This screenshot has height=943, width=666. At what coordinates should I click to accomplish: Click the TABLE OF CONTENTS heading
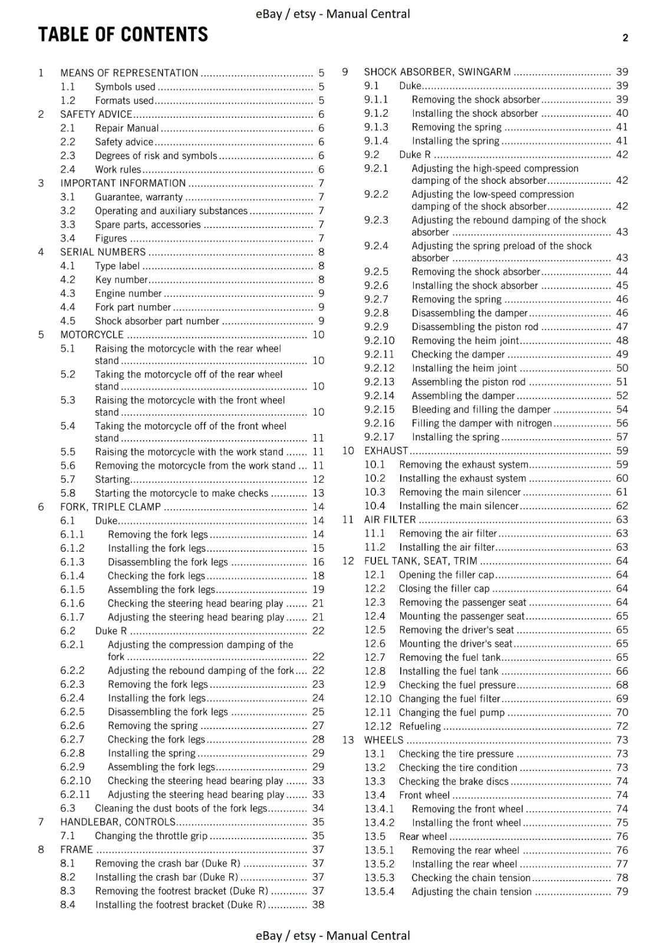click(123, 35)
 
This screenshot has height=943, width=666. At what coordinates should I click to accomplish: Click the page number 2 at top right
click(625, 38)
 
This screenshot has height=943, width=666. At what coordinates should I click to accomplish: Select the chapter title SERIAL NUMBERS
click(103, 252)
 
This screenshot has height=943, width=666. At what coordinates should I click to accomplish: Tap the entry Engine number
click(128, 294)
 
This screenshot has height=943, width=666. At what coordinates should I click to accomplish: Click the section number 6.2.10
click(75, 781)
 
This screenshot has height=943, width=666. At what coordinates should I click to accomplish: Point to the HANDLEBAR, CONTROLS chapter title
click(118, 822)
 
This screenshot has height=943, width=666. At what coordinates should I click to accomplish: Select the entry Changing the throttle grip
click(151, 836)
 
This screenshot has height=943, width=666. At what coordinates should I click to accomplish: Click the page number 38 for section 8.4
click(318, 905)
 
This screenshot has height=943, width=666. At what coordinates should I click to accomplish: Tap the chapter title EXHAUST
click(385, 451)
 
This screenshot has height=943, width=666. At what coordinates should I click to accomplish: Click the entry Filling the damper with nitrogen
click(482, 423)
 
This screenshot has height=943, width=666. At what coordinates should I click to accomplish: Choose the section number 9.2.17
click(379, 437)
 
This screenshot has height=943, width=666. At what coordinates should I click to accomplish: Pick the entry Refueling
click(420, 726)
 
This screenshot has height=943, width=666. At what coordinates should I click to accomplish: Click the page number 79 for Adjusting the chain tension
click(622, 892)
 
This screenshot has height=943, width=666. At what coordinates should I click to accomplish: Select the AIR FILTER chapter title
click(390, 520)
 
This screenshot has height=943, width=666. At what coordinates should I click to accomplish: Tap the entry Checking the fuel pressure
click(457, 685)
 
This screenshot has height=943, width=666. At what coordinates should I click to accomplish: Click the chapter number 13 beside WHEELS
click(348, 740)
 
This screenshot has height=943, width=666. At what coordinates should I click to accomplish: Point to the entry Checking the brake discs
click(453, 782)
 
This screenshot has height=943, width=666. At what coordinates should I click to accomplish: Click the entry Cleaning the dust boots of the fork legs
click(181, 809)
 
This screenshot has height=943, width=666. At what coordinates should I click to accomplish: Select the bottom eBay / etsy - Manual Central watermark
click(332, 935)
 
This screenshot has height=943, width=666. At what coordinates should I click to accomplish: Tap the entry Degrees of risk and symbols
click(156, 156)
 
